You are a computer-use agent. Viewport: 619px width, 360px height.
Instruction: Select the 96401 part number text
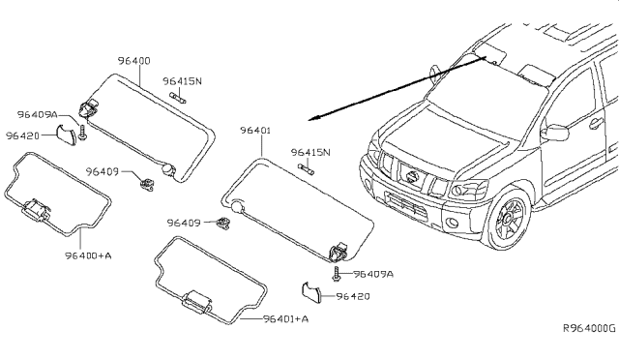pos(256,130)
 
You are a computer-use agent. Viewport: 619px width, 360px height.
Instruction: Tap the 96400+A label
pos(89,255)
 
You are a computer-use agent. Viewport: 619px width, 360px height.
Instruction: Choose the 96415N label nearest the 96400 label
pos(182,81)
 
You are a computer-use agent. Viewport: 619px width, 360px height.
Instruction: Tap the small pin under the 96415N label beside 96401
pos(308,169)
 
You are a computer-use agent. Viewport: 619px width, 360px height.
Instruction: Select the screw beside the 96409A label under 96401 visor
pos(336,275)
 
